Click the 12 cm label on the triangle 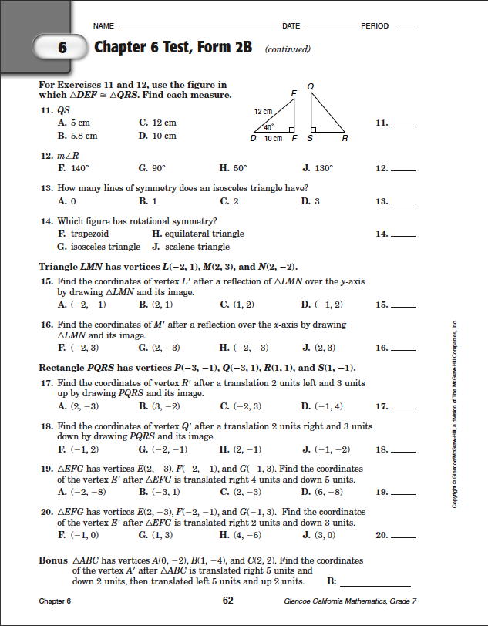pyautogui.click(x=262, y=113)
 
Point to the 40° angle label pyautogui.click(x=268, y=126)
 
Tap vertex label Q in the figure pyautogui.click(x=309, y=86)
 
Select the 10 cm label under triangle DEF pyautogui.click(x=274, y=139)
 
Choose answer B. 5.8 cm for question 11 pyautogui.click(x=78, y=136)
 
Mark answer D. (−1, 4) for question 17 pyautogui.click(x=322, y=406)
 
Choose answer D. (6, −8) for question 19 pyautogui.click(x=322, y=491)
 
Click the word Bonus pyautogui.click(x=53, y=560)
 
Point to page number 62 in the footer pyautogui.click(x=228, y=600)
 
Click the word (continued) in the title pyautogui.click(x=287, y=49)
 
